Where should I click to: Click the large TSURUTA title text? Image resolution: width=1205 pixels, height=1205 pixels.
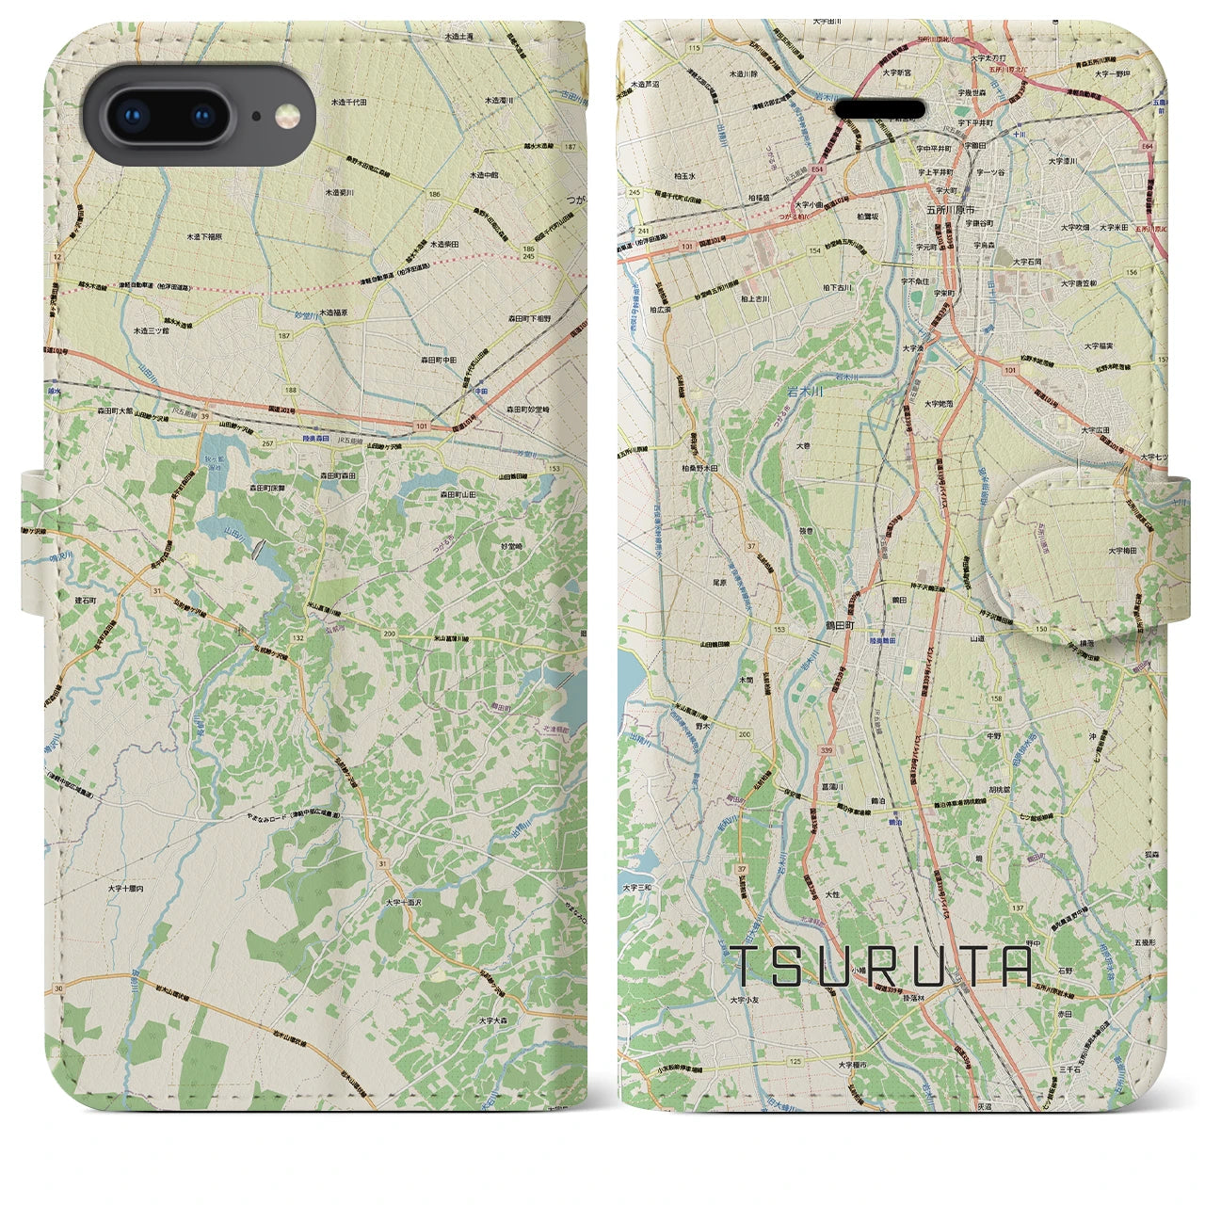[881, 966]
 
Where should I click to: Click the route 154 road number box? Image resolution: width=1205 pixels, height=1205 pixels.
[814, 251]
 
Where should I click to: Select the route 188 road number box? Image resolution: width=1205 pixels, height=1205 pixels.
[291, 390]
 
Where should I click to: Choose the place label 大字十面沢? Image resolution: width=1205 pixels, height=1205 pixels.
[407, 903]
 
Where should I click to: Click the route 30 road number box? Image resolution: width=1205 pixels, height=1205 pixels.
[59, 988]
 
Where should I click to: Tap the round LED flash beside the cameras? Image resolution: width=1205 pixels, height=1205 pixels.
[281, 116]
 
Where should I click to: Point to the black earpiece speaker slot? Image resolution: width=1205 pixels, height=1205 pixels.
[881, 108]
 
